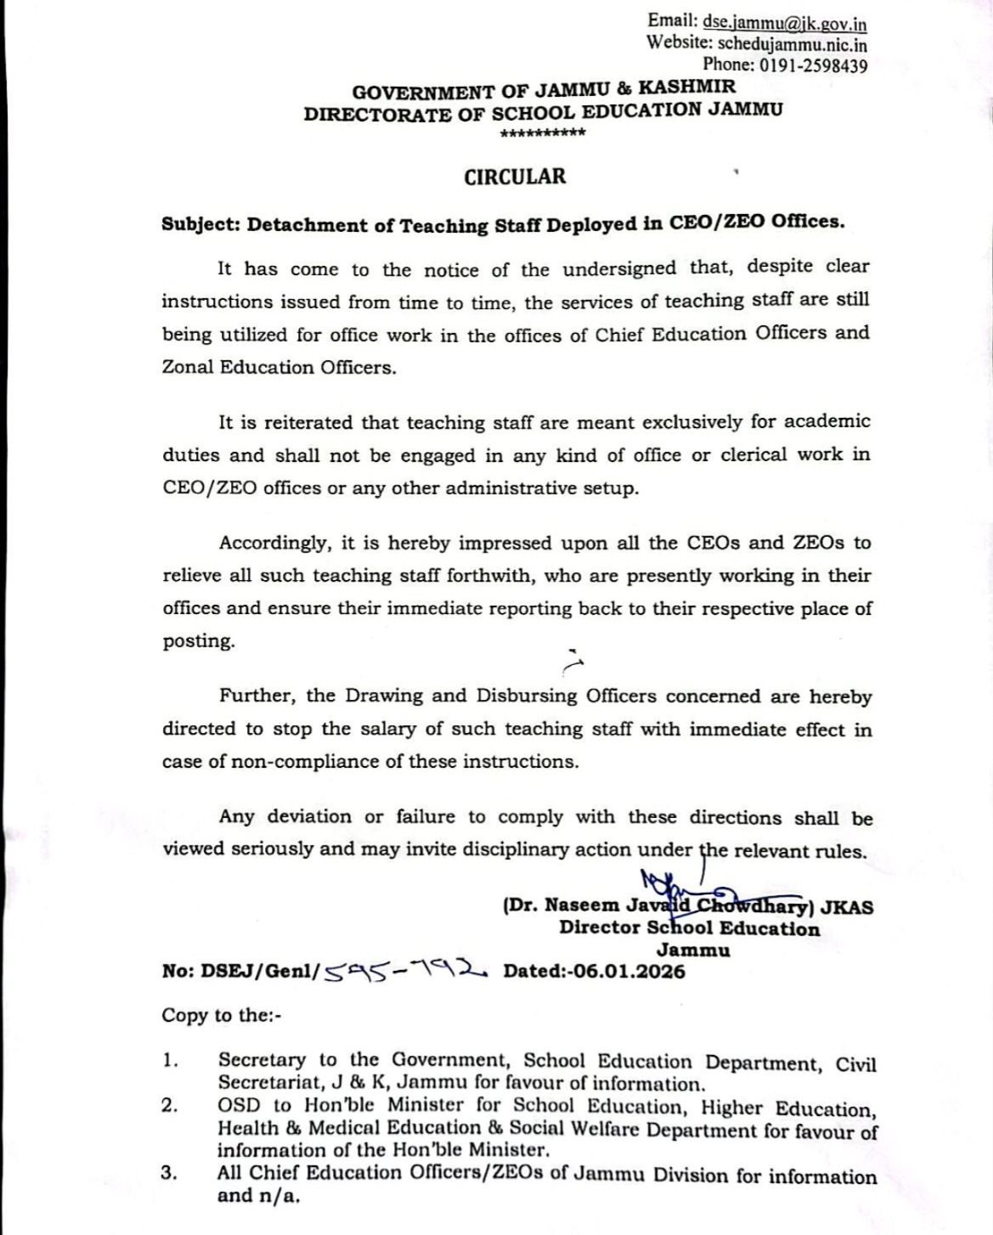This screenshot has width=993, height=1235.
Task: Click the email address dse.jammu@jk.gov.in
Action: [785, 25]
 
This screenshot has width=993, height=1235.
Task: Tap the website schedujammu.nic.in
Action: [793, 45]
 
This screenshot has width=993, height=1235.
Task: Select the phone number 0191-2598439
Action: [813, 65]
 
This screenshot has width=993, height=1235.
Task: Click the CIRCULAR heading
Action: [515, 177]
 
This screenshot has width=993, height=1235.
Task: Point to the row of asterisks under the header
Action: [543, 134]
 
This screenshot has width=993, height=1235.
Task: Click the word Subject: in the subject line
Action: [201, 225]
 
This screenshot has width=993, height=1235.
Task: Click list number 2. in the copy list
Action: [169, 1105]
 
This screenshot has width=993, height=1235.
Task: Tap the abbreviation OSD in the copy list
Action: [238, 1105]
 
